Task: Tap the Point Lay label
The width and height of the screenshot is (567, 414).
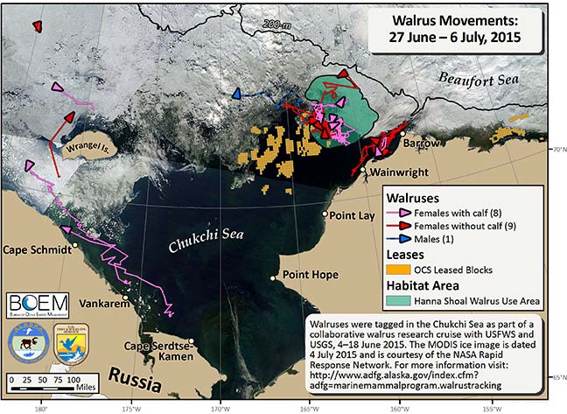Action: click(x=351, y=214)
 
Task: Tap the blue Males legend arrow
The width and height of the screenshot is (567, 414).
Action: click(x=405, y=239)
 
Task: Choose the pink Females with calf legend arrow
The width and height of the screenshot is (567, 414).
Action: click(x=405, y=213)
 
